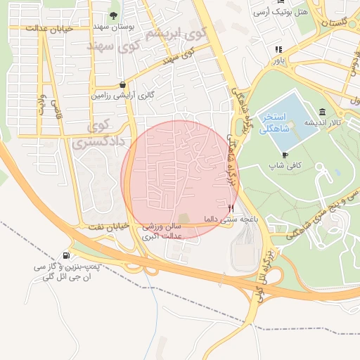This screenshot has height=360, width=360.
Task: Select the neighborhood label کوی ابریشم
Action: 174,33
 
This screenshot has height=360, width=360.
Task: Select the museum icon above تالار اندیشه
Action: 322,112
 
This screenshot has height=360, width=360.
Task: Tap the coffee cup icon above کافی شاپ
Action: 285,155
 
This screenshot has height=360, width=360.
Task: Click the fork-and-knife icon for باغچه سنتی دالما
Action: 231,207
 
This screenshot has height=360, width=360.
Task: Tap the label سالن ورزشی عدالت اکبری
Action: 162,232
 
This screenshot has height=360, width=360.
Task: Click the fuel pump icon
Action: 66,255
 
